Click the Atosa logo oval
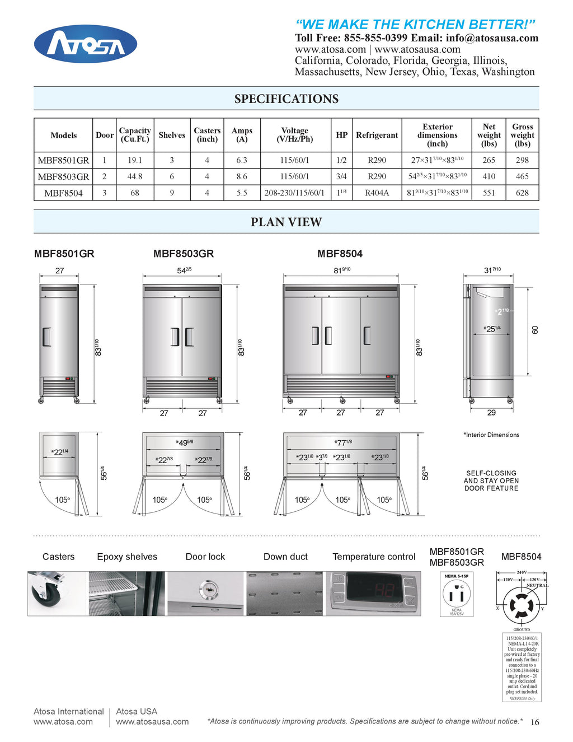tap(86, 44)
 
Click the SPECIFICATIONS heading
tap(286, 99)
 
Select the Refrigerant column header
tap(377, 135)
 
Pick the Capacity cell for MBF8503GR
tap(135, 176)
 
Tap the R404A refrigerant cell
tap(377, 193)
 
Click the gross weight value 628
tap(522, 193)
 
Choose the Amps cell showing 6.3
tap(242, 160)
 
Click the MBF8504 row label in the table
tap(63, 193)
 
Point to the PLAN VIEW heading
tap(286, 222)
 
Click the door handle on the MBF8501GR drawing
tap(47, 337)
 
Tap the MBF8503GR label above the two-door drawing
tap(184, 254)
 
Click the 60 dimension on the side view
tap(535, 330)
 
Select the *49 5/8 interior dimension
tap(184, 443)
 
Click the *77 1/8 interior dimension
tap(342, 443)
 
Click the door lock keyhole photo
tap(206, 589)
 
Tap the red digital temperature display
tap(373, 590)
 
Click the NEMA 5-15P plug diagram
tap(457, 594)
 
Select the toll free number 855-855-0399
tap(375, 38)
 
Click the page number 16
tap(534, 722)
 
